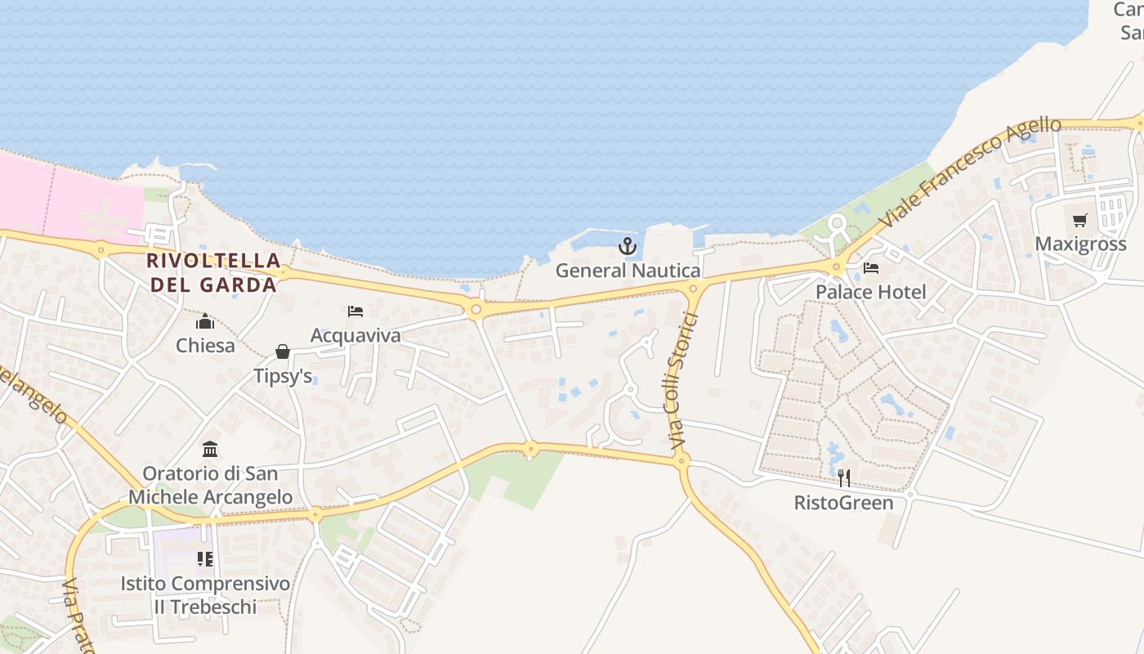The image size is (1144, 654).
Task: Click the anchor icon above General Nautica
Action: [628, 245]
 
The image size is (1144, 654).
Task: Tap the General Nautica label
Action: [628, 271]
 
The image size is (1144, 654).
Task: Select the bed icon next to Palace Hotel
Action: [871, 268]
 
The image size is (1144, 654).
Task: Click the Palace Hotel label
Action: [871, 292]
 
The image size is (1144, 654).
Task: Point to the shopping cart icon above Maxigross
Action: [1080, 220]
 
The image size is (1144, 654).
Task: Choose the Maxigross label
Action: [1080, 244]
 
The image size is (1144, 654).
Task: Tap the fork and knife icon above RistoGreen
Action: [844, 478]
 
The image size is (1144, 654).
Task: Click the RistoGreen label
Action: [844, 502]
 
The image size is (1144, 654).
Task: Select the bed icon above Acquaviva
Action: [355, 311]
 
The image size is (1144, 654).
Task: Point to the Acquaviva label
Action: [355, 335]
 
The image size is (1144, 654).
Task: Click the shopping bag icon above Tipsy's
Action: [283, 352]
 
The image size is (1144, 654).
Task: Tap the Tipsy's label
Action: [283, 376]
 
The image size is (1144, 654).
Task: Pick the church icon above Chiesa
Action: [205, 321]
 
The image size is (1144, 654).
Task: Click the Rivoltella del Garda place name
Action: [212, 272]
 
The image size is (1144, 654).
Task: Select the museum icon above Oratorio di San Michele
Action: [210, 449]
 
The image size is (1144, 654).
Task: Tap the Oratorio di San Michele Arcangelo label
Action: [210, 485]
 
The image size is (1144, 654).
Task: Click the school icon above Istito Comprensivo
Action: [205, 559]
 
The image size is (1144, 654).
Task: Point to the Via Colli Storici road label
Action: [681, 381]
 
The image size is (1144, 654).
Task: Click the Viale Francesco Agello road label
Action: [972, 172]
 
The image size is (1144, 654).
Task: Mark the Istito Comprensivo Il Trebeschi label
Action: [205, 595]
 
